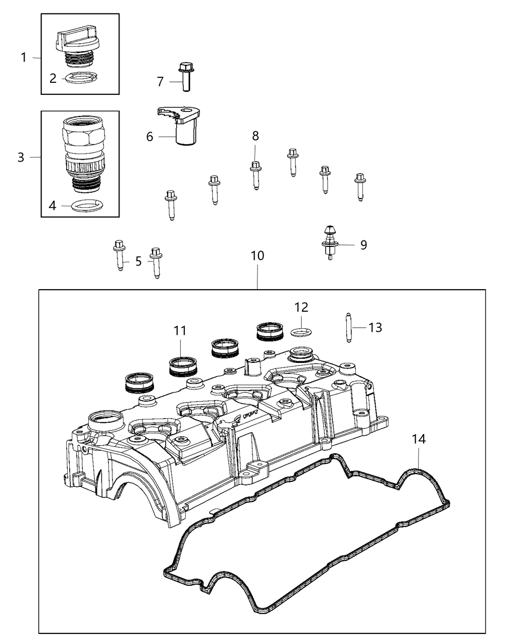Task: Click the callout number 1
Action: pyautogui.click(x=24, y=58)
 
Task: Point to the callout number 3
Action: pyautogui.click(x=21, y=157)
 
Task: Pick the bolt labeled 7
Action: pyautogui.click(x=186, y=77)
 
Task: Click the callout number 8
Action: pyautogui.click(x=255, y=136)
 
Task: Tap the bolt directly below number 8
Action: pyautogui.click(x=255, y=175)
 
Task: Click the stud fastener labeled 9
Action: pyautogui.click(x=329, y=242)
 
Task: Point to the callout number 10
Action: pyautogui.click(x=257, y=255)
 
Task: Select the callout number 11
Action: pyautogui.click(x=180, y=330)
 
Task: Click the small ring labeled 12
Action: pyautogui.click(x=301, y=331)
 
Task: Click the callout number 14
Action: pyautogui.click(x=419, y=439)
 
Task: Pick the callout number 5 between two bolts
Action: pyautogui.click(x=139, y=261)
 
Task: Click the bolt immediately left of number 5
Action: pyautogui.click(x=119, y=254)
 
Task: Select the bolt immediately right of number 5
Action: pyautogui.click(x=157, y=262)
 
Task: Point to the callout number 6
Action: pyautogui.click(x=150, y=136)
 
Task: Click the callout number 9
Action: pyautogui.click(x=363, y=244)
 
